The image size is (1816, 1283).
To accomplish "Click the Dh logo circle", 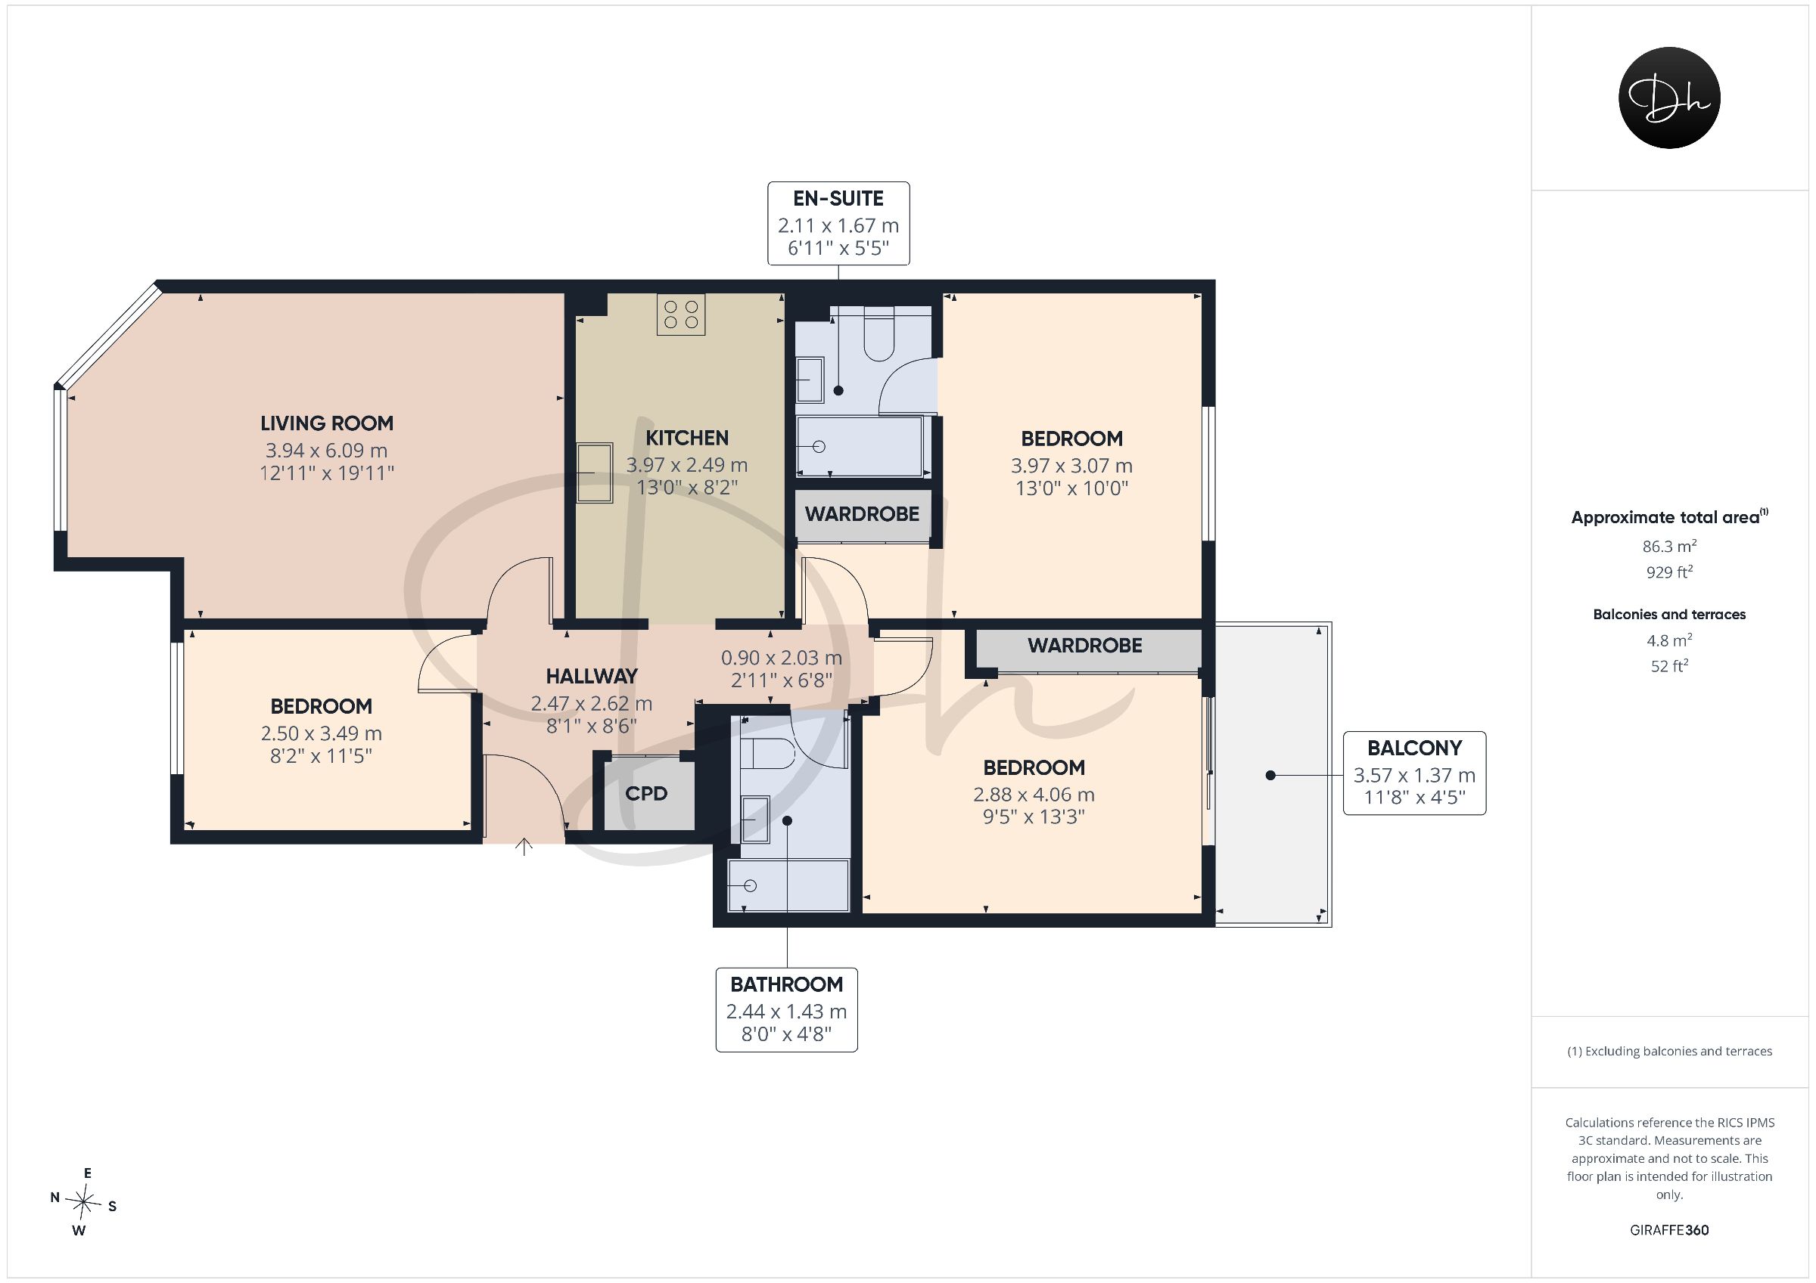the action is click(1669, 98).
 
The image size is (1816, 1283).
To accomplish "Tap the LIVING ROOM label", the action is click(327, 423).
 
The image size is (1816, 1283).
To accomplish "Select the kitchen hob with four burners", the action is click(681, 314).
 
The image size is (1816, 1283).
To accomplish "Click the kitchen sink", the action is click(595, 473).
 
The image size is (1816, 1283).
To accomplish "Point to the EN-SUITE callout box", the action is click(838, 224).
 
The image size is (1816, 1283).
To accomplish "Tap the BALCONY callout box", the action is click(1414, 773).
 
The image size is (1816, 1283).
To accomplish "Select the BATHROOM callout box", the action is click(786, 1009).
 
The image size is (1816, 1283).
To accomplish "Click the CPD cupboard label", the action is click(646, 794).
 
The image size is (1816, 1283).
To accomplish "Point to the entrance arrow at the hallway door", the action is click(524, 846).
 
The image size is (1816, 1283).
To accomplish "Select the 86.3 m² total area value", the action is click(1669, 545).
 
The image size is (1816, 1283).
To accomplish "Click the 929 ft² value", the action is click(1669, 572).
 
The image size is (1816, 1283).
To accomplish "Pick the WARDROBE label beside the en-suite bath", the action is click(862, 515).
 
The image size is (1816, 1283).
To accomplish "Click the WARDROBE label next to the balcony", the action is click(1084, 646).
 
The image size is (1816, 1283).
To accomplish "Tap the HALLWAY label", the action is click(592, 677).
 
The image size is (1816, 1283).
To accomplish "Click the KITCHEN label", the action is click(686, 438).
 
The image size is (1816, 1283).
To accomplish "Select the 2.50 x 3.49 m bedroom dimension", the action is click(321, 733).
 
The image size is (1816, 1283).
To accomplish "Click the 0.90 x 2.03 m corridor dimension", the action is click(782, 658).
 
